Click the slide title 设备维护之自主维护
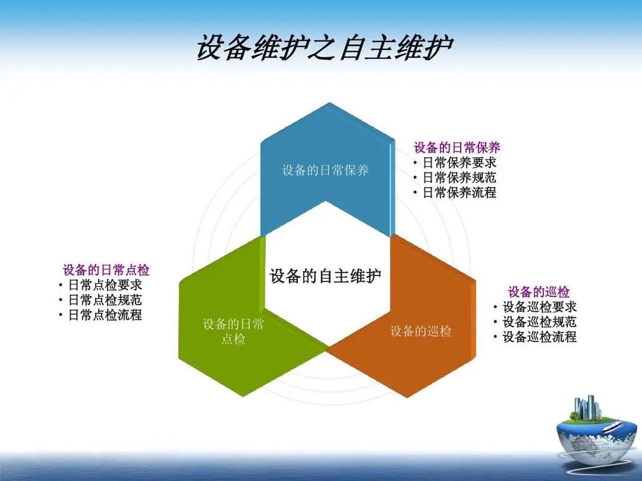(x=324, y=48)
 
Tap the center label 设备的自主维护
(x=326, y=277)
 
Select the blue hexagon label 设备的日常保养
(x=326, y=170)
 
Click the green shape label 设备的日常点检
(x=233, y=332)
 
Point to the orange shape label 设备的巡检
(x=421, y=331)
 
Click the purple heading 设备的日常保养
(x=457, y=147)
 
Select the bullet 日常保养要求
(x=459, y=162)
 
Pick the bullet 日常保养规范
(x=459, y=177)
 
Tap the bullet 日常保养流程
(x=459, y=193)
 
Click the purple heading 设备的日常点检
(x=106, y=270)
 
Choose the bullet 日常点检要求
(x=105, y=285)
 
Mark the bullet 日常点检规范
(x=105, y=300)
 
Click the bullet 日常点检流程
(x=105, y=315)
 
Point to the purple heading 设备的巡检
(x=539, y=292)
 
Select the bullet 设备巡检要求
(x=539, y=307)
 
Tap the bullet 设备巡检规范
(x=539, y=322)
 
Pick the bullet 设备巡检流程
(x=539, y=337)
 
